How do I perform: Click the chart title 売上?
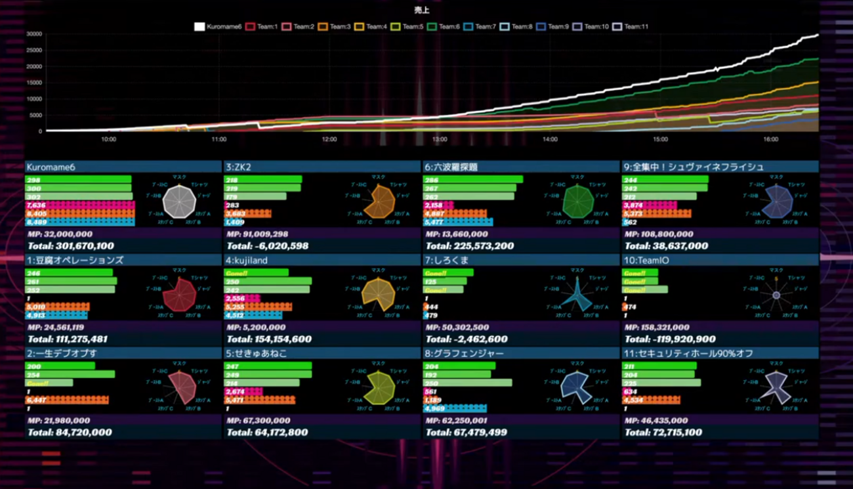point(422,11)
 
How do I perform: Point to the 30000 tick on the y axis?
point(34,34)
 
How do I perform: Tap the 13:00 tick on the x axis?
point(440,139)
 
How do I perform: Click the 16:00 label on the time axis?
point(771,139)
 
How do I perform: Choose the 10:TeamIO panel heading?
point(647,261)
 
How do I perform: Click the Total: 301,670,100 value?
point(71,246)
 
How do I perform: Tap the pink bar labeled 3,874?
point(650,205)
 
